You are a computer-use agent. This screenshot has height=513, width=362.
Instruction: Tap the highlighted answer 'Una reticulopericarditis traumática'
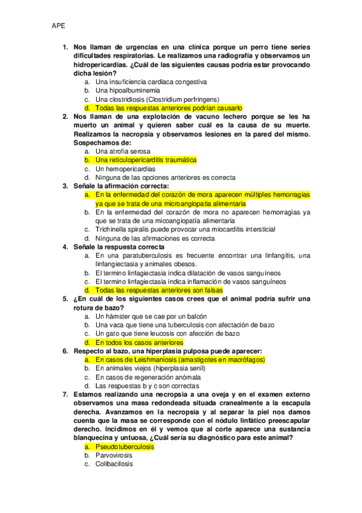coord(146,160)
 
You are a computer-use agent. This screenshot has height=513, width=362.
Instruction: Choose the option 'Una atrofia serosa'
coord(123,151)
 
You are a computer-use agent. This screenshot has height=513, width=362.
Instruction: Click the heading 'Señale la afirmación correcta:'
coord(120,186)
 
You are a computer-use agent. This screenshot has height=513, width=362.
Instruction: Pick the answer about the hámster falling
coord(150,316)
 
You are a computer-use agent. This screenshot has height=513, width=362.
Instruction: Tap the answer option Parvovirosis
coord(114,455)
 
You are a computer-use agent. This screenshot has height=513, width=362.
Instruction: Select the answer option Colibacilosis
coord(114,464)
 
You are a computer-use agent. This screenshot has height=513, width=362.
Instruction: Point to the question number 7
coord(65,394)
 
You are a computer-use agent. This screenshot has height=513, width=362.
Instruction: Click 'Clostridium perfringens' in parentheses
coord(183,99)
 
